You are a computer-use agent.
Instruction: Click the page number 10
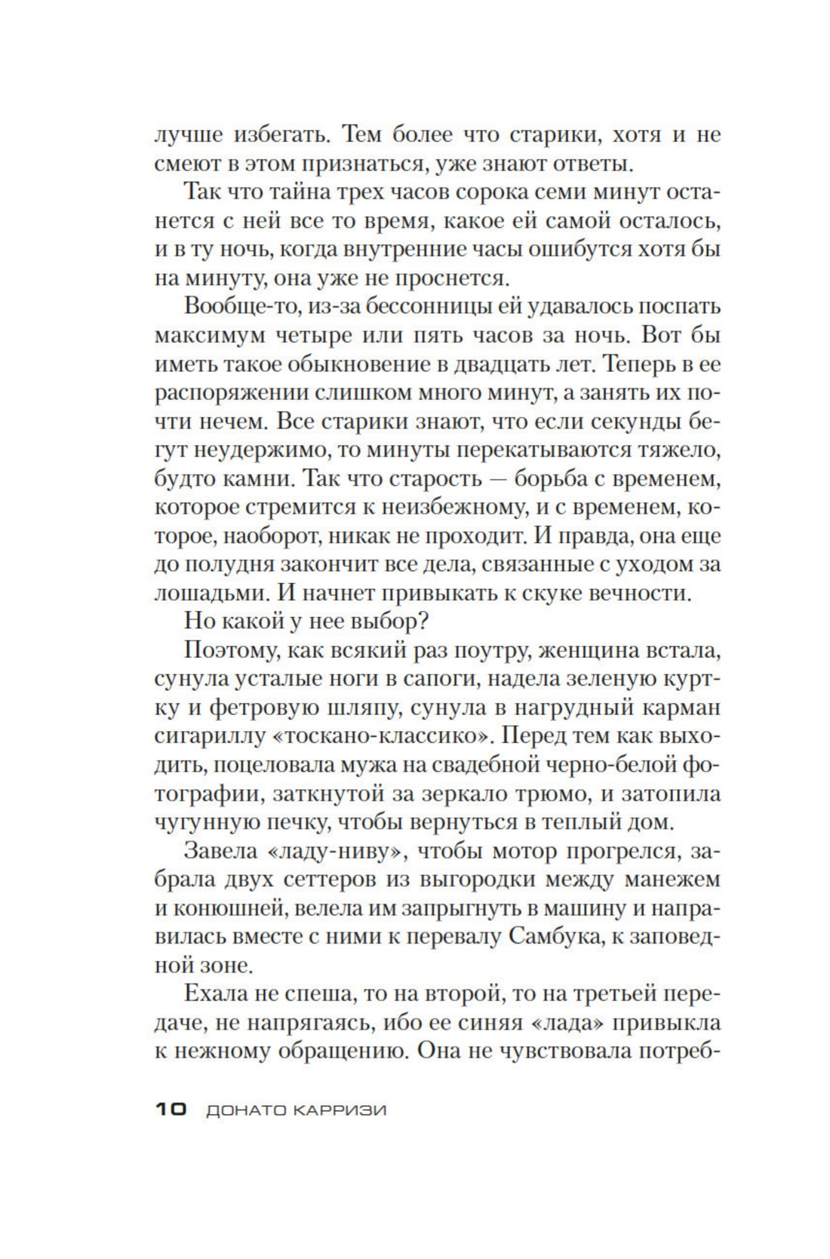click(171, 1110)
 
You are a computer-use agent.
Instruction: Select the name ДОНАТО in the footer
click(244, 1110)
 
